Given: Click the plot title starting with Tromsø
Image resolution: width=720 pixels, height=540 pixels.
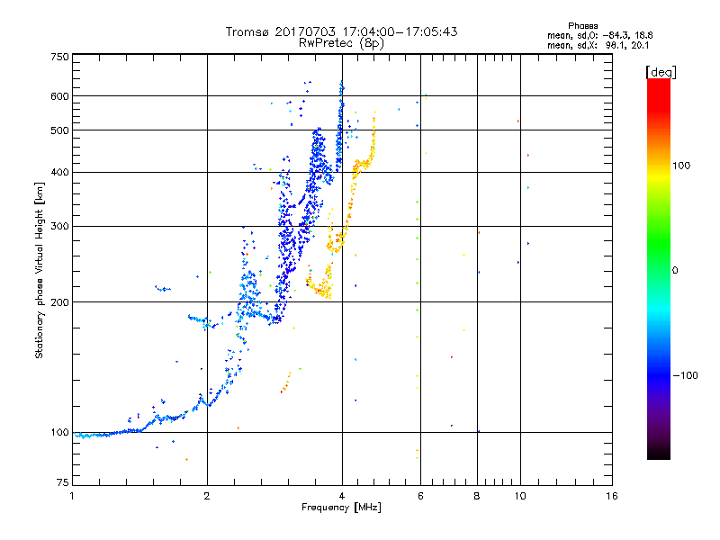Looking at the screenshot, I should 341,31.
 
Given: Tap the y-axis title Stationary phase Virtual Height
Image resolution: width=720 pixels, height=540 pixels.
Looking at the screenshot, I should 40,271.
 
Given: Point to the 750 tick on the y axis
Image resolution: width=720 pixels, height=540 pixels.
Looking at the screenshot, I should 59,57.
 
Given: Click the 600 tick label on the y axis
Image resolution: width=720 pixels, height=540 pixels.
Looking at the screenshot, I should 59,96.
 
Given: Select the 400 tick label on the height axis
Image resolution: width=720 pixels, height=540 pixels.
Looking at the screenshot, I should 59,172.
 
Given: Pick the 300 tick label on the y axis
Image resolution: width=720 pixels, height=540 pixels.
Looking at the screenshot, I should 59,226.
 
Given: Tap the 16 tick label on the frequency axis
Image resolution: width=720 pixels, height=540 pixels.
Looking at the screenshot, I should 611,496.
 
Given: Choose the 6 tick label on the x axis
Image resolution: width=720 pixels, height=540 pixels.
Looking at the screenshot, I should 419,496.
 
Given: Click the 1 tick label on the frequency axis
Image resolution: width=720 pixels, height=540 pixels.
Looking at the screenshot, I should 72,496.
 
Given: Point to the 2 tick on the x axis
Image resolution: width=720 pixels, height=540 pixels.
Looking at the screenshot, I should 207,496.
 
